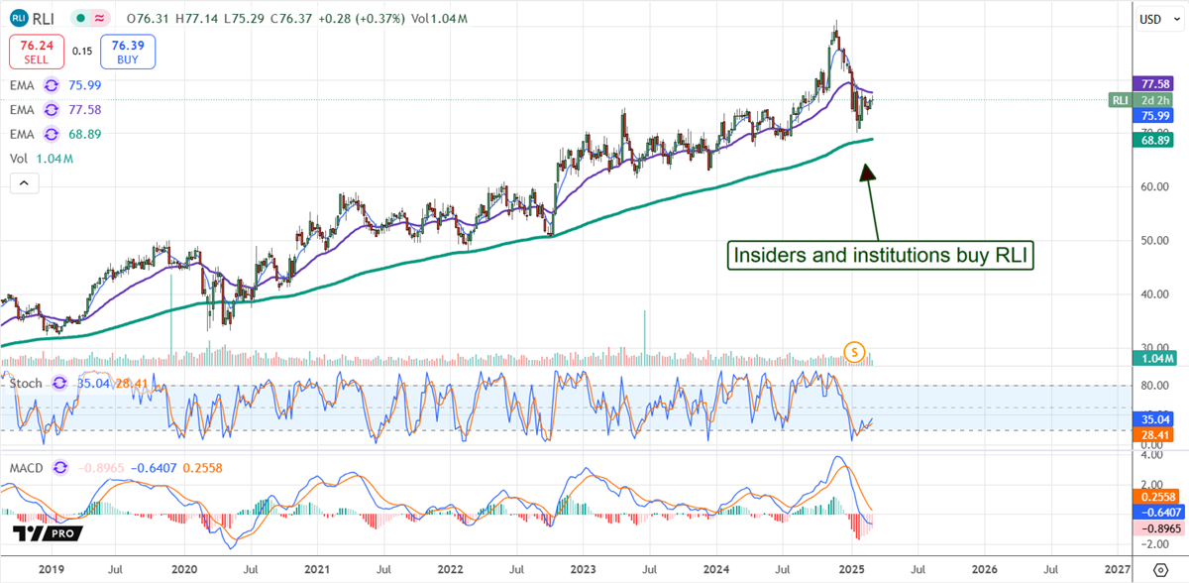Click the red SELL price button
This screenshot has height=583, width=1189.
(37, 53)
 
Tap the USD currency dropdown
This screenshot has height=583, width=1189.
(1151, 19)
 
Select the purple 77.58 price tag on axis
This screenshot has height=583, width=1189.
(1152, 85)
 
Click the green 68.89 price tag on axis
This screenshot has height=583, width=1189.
(1152, 141)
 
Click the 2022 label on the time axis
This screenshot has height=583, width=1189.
(450, 569)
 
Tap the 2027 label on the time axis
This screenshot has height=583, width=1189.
(1117, 569)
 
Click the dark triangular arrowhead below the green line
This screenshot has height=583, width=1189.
(867, 171)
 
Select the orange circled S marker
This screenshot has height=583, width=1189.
(854, 350)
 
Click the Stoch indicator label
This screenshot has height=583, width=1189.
(28, 383)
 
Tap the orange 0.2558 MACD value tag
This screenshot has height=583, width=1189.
(1152, 497)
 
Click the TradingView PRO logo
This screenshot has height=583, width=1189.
(48, 533)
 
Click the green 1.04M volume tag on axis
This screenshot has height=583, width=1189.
(1152, 358)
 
